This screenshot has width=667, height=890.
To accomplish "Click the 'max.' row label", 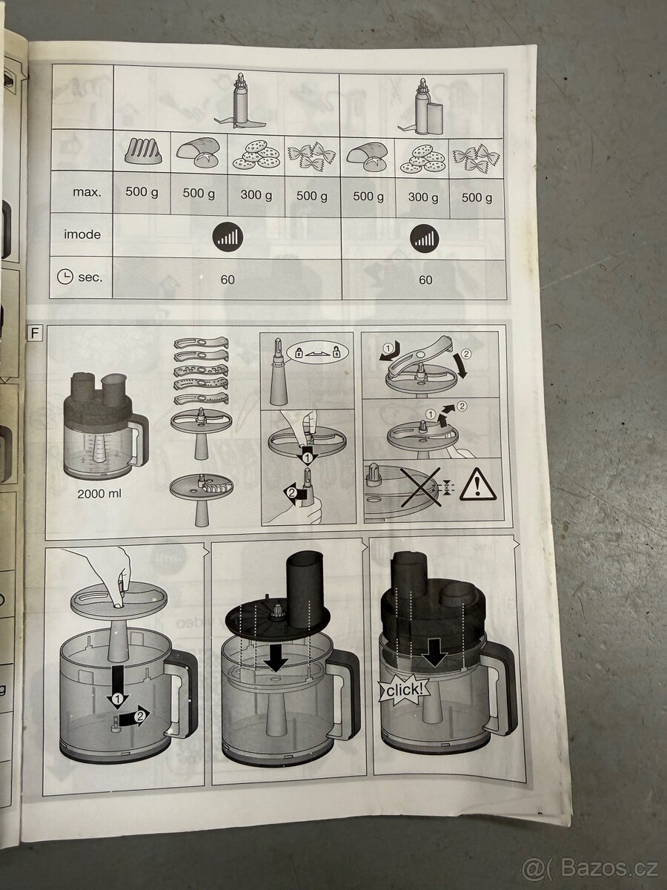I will pos(86,192).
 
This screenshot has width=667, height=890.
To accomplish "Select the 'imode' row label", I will pos(82,234).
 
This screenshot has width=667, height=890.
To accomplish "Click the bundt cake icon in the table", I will pos(142,151).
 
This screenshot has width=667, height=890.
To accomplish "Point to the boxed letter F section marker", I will pos(34,332).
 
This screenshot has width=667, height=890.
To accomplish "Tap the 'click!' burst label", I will pos(403,690).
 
